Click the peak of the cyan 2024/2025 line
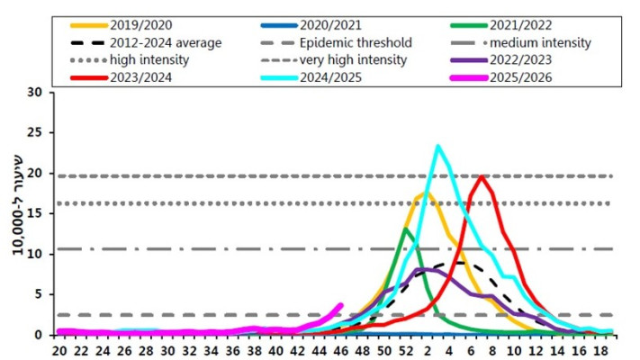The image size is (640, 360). tap(438, 146)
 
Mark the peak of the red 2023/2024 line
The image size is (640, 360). tap(482, 176)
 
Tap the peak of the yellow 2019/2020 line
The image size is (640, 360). tap(423, 193)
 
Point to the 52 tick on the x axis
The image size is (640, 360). tap(406, 350)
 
